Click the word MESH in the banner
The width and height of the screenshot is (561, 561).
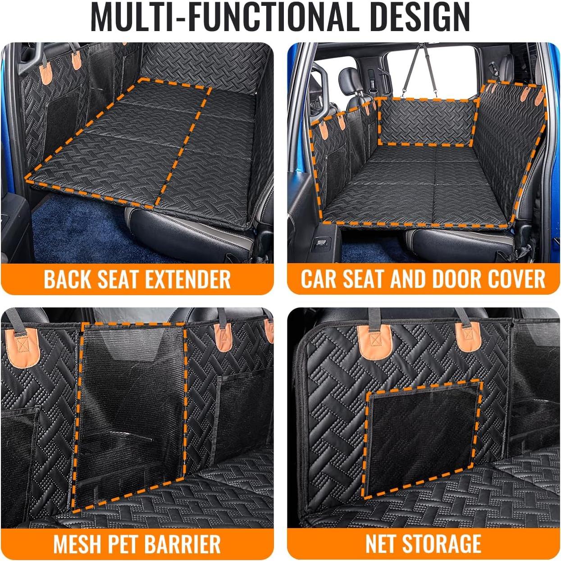(x=78, y=544)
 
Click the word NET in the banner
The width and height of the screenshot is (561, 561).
(x=380, y=544)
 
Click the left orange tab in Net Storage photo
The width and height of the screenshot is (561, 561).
(x=374, y=342)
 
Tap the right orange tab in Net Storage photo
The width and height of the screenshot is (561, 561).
(x=467, y=336)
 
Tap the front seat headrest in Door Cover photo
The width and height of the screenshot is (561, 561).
(x=348, y=79)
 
